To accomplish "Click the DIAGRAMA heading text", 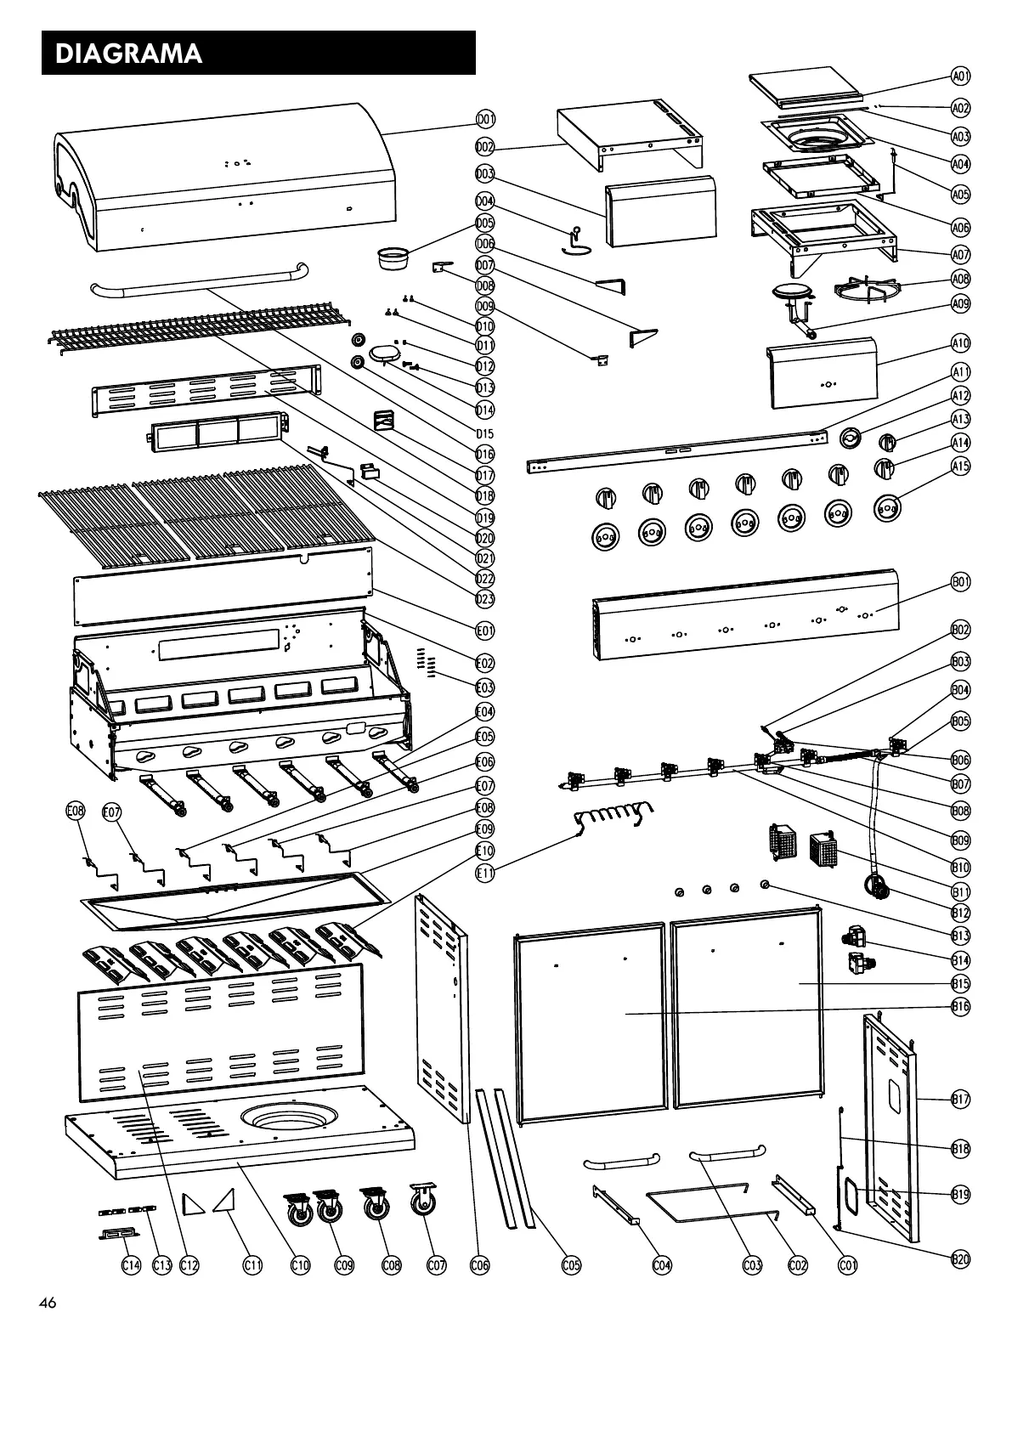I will tap(128, 54).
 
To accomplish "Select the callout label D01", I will tap(485, 119).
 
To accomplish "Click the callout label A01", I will tap(960, 76).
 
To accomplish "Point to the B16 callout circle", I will tap(960, 1006).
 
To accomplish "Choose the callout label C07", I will tap(436, 1265).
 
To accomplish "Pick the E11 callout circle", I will tap(484, 872).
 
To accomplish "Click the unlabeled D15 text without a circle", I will tap(485, 433).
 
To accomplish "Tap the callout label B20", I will tap(960, 1258).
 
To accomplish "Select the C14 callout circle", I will tap(130, 1265).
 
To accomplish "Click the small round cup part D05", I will tap(392, 256).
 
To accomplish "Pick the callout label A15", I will tap(960, 466).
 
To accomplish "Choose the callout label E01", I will tap(485, 631).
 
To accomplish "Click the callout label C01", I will tap(848, 1265).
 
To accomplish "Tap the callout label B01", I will tap(960, 583).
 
